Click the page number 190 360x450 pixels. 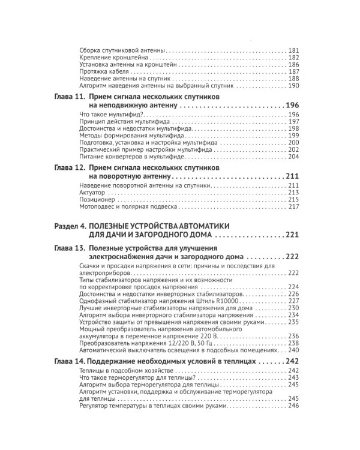(293, 85)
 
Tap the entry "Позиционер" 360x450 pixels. (96, 200)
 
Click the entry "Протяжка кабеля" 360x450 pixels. (102, 71)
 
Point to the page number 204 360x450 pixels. (293, 157)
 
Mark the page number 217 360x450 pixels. (293, 207)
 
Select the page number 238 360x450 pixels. (293, 343)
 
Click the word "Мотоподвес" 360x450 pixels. (98, 207)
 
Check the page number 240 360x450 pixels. (293, 350)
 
